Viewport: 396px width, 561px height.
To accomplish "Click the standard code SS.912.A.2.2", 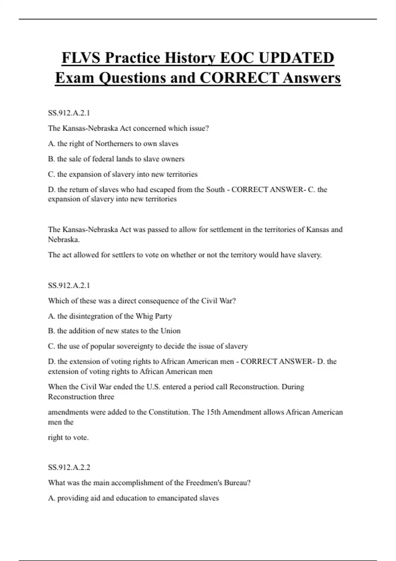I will pos(69,467).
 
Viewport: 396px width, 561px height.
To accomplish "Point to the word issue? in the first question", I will pos(199,128).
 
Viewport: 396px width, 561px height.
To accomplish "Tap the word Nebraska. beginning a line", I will pos(64,240).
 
